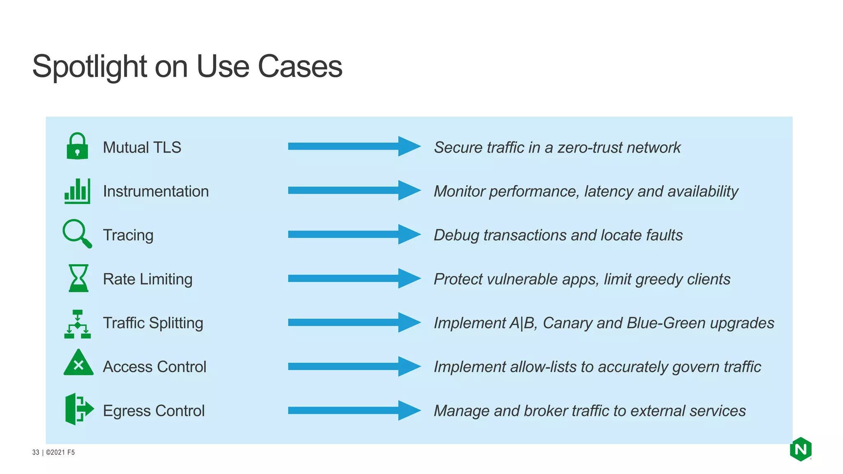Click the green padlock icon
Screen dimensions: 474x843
pos(77,146)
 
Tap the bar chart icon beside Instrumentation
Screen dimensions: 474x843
pos(77,191)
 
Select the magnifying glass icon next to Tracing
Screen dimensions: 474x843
pos(77,233)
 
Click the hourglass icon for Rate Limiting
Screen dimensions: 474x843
pos(78,278)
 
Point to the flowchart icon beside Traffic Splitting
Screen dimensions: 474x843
pos(77,324)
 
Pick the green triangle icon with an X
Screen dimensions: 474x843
pos(78,363)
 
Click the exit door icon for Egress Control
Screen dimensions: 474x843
pos(78,409)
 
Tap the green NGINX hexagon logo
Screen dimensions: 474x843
pos(800,449)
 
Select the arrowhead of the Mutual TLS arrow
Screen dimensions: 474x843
pos(409,146)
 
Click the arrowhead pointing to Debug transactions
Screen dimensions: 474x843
pos(409,234)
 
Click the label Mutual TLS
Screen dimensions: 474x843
pos(142,147)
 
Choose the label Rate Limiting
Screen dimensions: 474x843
pos(147,279)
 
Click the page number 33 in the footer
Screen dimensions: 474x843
pos(35,452)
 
